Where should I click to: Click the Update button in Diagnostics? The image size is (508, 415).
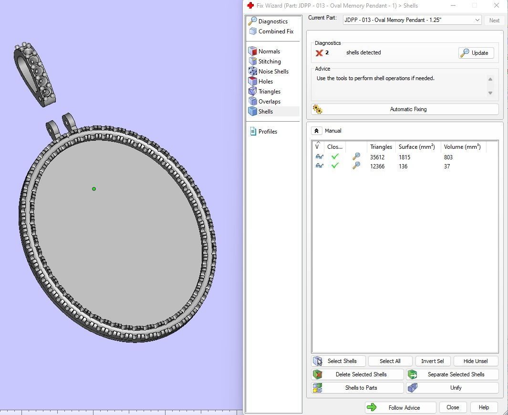tap(476, 53)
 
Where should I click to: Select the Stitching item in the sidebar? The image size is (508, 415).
tap(270, 62)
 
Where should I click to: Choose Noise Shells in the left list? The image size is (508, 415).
tap(273, 72)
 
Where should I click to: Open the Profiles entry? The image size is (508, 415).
tap(268, 132)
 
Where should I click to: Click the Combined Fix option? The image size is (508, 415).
tap(276, 31)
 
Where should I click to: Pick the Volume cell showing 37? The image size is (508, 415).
tap(447, 166)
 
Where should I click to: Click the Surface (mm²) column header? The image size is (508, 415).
tap(416, 147)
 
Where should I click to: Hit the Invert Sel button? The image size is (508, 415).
tap(433, 361)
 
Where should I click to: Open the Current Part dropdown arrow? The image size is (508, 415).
tap(477, 20)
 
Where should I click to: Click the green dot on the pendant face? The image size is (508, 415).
tap(94, 189)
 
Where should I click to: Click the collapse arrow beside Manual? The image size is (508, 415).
tap(316, 131)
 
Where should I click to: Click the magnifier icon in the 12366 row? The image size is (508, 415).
tap(356, 166)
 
